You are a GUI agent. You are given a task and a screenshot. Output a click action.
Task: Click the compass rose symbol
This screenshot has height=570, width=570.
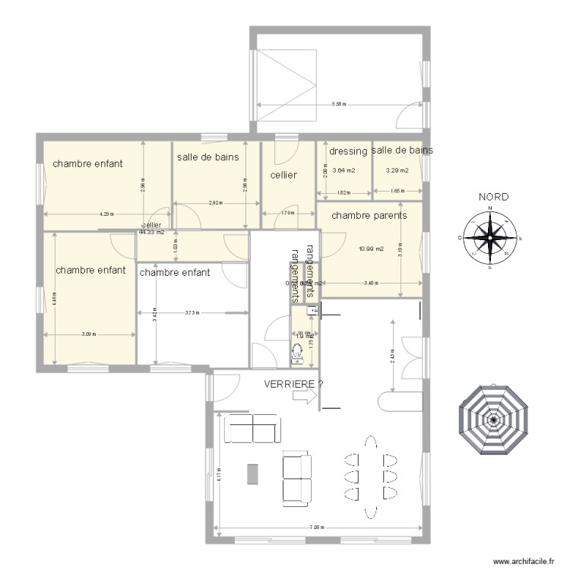coord(491,238)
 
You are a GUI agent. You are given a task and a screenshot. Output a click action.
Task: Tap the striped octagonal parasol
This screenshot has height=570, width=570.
coord(493,419)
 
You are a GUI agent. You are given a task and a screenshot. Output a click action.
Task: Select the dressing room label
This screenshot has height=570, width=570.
coord(348,151)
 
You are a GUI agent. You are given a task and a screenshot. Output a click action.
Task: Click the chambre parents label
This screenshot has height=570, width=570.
coord(369,215)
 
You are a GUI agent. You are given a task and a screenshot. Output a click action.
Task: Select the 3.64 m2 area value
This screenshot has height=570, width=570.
coord(344,170)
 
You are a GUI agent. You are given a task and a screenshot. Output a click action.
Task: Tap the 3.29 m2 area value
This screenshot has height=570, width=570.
coord(397,170)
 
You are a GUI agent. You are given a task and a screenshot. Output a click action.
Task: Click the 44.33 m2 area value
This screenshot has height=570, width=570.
coord(151,232)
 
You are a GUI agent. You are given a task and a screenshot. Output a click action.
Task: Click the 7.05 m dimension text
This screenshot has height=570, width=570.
coord(317,527)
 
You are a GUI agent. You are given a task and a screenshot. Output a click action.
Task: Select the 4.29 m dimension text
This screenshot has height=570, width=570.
coord(106,214)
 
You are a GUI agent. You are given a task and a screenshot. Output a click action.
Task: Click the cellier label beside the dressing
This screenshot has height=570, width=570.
coord(283,175)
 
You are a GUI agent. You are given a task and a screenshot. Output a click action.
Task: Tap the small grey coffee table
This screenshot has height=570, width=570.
coord(252,473)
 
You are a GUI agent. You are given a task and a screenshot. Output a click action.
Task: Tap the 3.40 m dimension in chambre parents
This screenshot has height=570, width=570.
coord(370,283)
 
